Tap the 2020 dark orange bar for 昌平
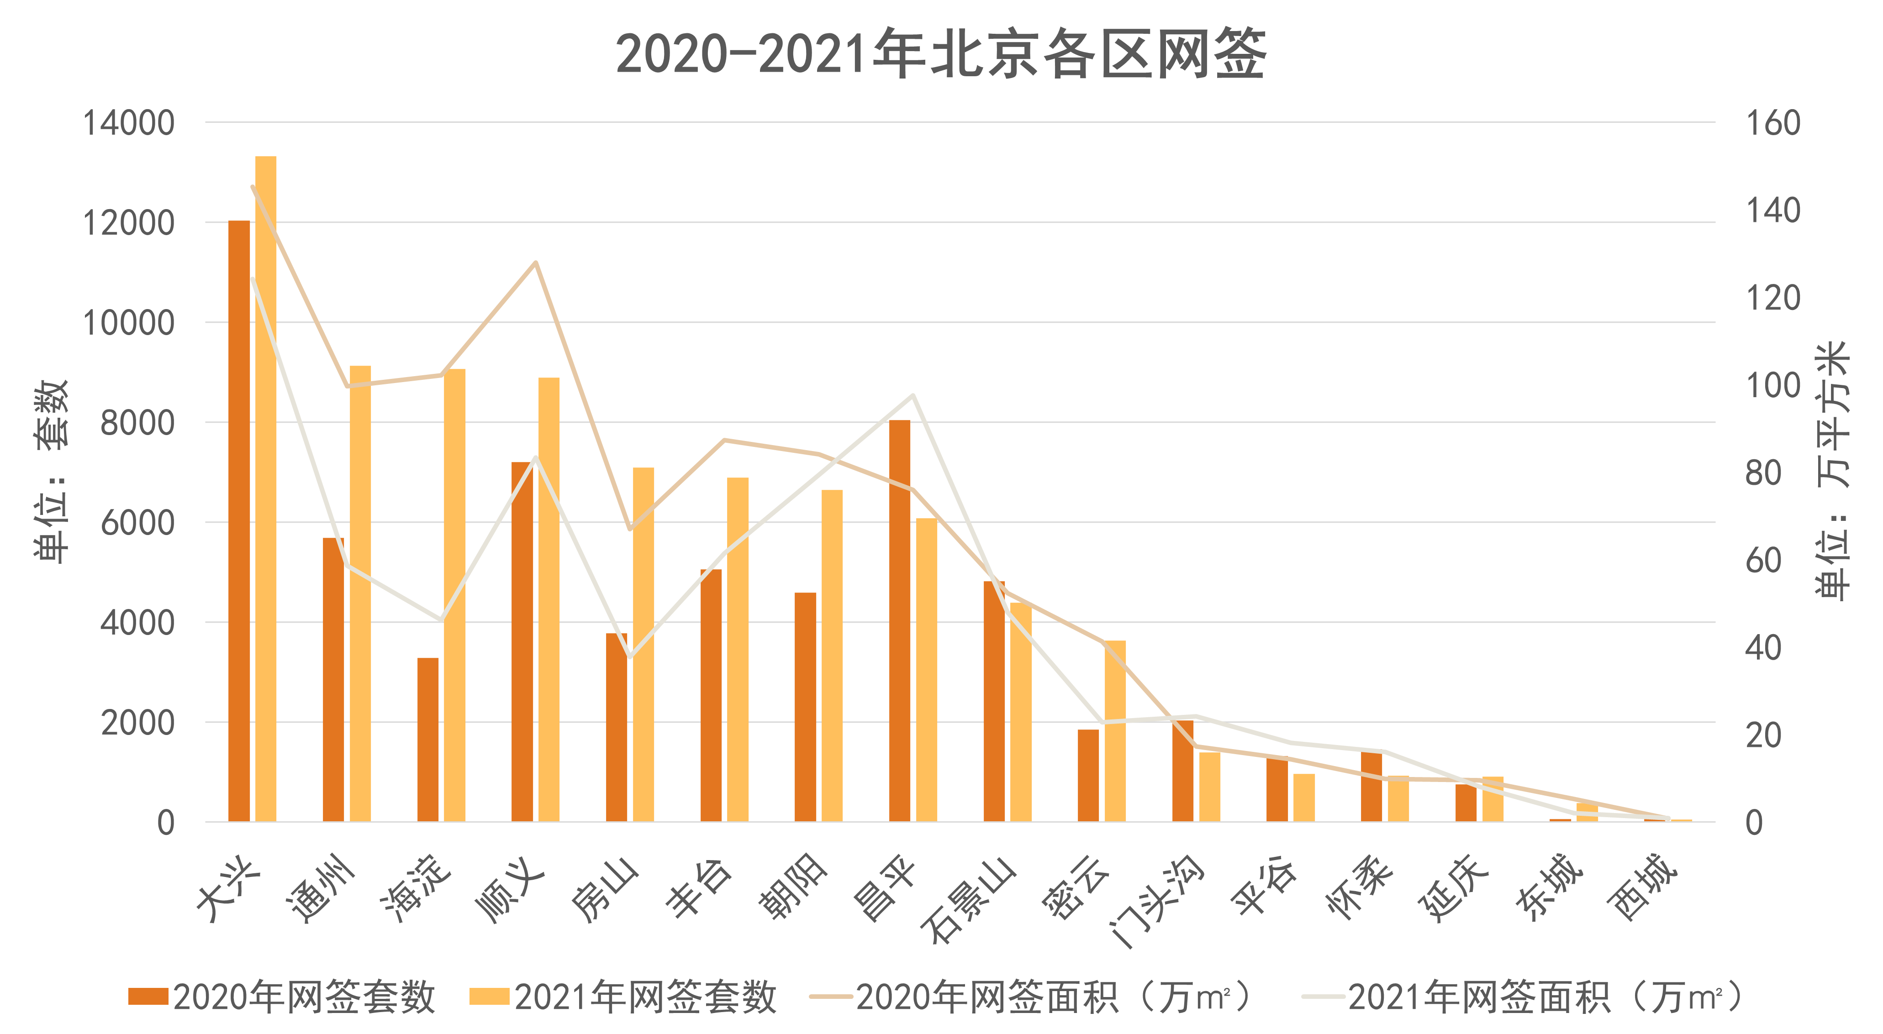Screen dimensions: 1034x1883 tap(900, 621)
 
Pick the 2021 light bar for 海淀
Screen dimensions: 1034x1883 tap(455, 596)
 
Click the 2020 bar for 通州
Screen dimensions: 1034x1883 tap(333, 680)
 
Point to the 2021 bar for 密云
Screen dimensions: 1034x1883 tap(1115, 731)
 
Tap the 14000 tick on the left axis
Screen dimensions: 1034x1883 tap(129, 123)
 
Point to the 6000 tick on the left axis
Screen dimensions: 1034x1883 tap(137, 523)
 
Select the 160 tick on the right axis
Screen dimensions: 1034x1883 tap(1772, 123)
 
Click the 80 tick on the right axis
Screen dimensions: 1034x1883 tap(1763, 473)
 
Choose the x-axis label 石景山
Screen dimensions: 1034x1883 tap(969, 900)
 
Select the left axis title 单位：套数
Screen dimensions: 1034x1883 tap(51, 471)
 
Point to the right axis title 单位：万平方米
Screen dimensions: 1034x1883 tap(1833, 471)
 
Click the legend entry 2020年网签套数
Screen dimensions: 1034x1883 tap(281, 996)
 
